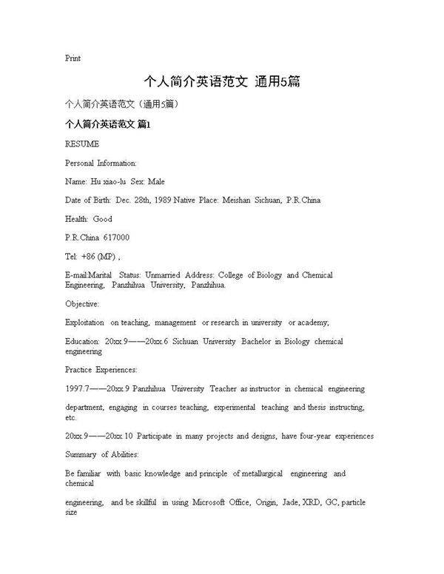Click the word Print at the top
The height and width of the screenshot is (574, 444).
point(73,58)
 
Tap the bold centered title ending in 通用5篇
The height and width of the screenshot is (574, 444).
point(222,81)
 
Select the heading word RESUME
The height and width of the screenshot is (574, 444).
point(82,143)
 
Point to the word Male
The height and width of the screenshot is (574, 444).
point(156,181)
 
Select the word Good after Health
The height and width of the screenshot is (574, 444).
point(103,219)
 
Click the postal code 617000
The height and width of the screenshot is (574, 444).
point(118,237)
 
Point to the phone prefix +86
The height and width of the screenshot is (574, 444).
point(89,257)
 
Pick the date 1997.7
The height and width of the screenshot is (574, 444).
point(77,388)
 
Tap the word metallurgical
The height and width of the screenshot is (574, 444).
point(258,473)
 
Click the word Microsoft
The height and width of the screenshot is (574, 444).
point(212,502)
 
